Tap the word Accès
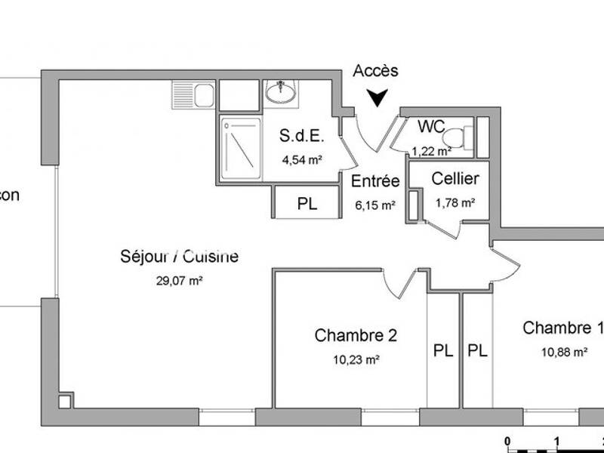[375, 72]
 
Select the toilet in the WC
[455, 137]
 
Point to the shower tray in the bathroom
[241, 149]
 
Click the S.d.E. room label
[302, 137]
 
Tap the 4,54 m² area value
[302, 159]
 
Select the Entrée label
[375, 181]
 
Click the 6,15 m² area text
[375, 204]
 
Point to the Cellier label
[455, 179]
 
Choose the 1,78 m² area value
[455, 202]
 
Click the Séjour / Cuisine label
[180, 257]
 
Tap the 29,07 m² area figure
[179, 280]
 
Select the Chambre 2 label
[356, 335]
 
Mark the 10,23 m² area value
[356, 360]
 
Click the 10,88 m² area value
[565, 351]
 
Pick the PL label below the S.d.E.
[307, 202]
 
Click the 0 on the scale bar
[509, 441]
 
